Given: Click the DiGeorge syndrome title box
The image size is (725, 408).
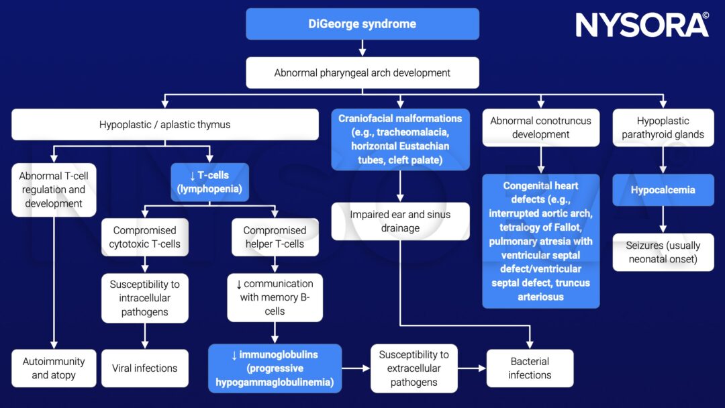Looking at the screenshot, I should click(362, 24).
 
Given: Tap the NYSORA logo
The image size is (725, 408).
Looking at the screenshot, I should click(641, 25).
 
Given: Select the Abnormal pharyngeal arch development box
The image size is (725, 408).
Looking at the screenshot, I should click(362, 72).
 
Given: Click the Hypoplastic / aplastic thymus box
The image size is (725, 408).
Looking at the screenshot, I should click(164, 125).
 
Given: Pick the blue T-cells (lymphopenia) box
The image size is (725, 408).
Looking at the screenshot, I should click(209, 183).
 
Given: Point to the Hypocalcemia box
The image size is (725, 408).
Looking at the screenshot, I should click(663, 190).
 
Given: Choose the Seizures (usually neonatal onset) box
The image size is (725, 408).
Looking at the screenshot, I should click(663, 252).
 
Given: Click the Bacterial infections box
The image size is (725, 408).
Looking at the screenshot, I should click(530, 368).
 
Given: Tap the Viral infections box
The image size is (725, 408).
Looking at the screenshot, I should click(144, 368).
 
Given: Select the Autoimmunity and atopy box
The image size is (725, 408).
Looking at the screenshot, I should click(54, 368).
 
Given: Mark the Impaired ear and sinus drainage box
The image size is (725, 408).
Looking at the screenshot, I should click(400, 221).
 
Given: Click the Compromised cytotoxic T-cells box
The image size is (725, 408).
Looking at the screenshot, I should click(144, 237).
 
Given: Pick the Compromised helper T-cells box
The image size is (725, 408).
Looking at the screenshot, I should click(274, 237).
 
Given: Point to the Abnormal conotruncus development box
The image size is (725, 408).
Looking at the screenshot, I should click(541, 127).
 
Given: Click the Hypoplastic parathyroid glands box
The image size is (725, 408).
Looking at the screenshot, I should click(663, 127).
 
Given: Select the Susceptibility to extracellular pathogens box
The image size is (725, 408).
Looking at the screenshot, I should click(414, 368).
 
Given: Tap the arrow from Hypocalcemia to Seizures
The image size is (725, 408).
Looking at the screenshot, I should click(663, 219).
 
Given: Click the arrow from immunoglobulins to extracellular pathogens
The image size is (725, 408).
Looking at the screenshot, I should click(356, 368).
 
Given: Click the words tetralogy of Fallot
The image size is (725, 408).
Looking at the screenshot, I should click(541, 227).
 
